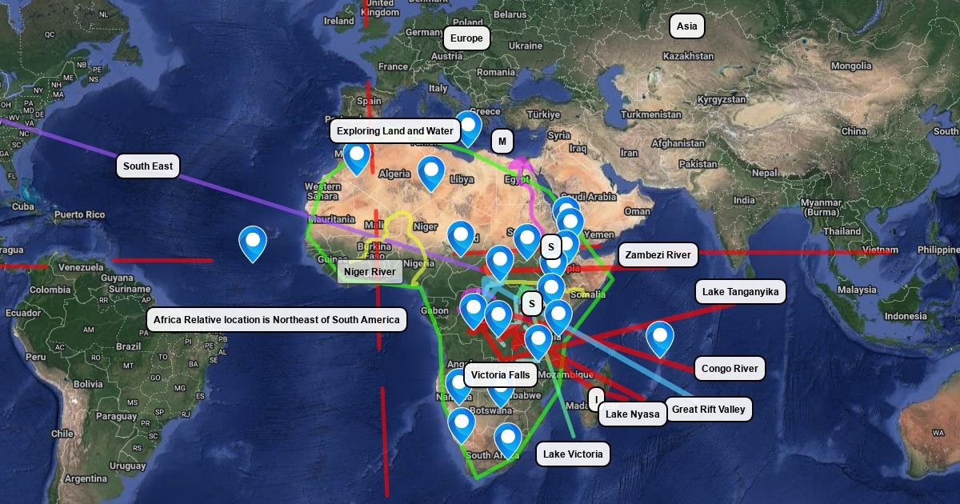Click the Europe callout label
click(x=466, y=38)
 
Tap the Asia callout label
click(x=686, y=26)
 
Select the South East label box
click(x=147, y=166)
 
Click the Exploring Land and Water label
click(x=394, y=131)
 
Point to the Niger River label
click(x=370, y=273)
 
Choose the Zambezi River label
click(x=658, y=255)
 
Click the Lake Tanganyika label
click(x=740, y=292)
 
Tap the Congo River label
click(x=729, y=370)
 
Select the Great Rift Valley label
click(x=708, y=410)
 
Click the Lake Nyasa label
click(x=632, y=414)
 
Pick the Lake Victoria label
click(x=573, y=454)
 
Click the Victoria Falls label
click(x=500, y=374)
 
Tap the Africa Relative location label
click(x=276, y=320)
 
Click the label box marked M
click(x=502, y=142)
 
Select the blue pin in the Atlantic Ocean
click(x=253, y=242)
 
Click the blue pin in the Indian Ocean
click(x=660, y=336)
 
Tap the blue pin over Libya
click(x=431, y=171)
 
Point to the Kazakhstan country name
click(x=688, y=57)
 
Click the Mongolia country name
click(x=850, y=66)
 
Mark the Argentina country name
click(x=86, y=478)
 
